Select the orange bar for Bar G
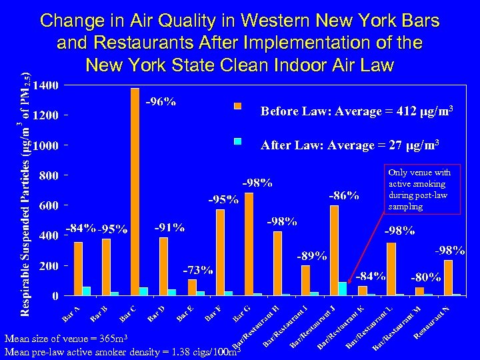(x=249, y=244)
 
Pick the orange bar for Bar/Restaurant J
(x=334, y=250)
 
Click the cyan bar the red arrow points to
(x=343, y=288)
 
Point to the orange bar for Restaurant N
(x=448, y=277)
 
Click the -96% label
(x=161, y=102)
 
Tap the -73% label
(x=198, y=270)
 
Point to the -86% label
(x=344, y=195)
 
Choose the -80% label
(x=425, y=276)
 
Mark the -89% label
(x=311, y=255)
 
